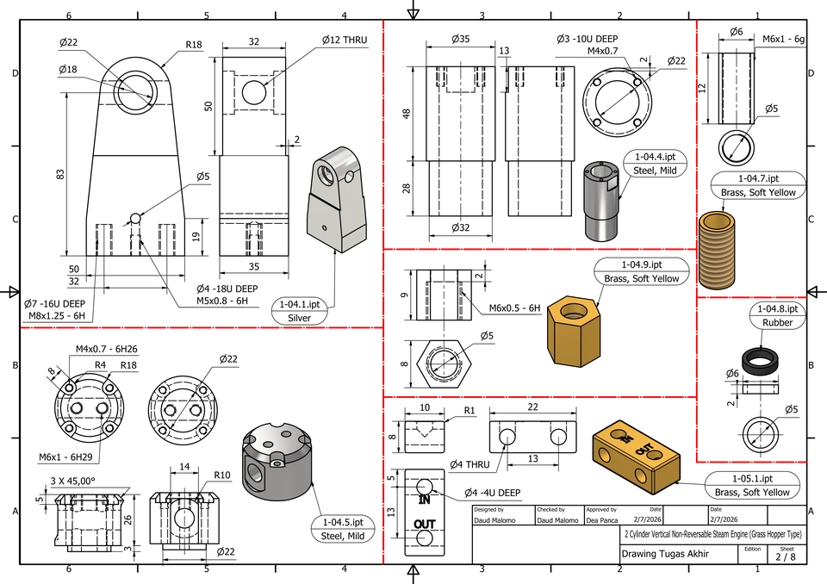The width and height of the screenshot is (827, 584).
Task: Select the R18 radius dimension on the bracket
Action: coord(193,45)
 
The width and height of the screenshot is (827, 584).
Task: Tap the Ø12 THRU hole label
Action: coord(345,40)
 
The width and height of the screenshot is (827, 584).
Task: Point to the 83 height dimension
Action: coord(60,175)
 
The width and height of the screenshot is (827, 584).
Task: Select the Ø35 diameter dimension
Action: coord(460,40)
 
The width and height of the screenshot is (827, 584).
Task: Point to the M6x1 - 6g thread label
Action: coord(783,40)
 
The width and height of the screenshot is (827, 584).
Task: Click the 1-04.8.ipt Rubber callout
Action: coord(777,315)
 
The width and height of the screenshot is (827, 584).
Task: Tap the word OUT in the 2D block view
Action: coord(424,524)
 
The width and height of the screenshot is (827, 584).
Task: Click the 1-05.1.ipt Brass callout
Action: coord(751,485)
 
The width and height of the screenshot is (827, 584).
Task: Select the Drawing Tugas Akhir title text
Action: coord(665,554)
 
